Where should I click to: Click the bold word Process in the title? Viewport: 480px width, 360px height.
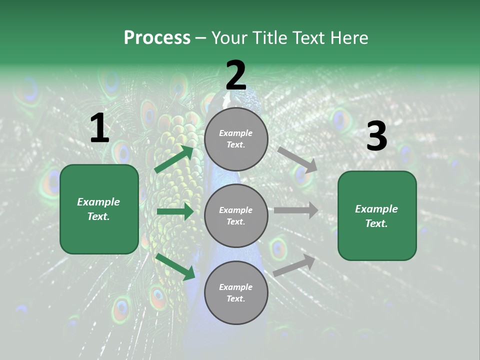tap(157, 38)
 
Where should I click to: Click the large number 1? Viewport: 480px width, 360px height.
tap(99, 128)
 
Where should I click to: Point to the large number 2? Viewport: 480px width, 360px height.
tap(236, 75)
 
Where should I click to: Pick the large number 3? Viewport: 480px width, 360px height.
tap(376, 136)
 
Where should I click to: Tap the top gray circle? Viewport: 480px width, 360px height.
tap(236, 139)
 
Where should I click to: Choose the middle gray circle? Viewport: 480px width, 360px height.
tap(236, 215)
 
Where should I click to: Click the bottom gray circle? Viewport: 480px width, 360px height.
tap(236, 292)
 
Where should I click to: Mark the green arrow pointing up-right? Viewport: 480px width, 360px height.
tap(174, 159)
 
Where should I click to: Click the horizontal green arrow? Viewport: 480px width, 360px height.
tap(175, 211)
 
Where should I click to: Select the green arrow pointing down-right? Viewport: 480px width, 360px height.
tap(175, 266)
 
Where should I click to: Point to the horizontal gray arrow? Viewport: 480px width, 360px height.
tap(295, 210)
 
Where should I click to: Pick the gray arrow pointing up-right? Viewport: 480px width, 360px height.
tap(294, 265)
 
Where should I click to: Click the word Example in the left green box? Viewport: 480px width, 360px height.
tap(98, 202)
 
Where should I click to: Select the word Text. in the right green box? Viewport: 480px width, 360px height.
tap(376, 223)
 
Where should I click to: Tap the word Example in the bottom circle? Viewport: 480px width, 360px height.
tap(236, 287)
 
